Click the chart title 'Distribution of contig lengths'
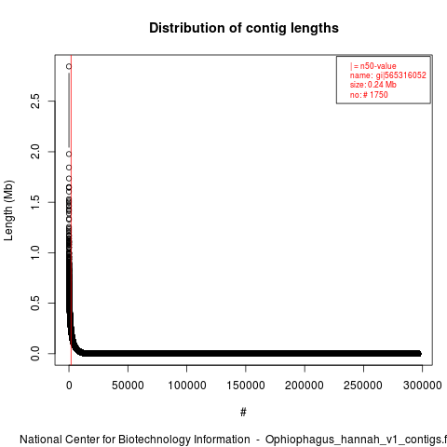244,28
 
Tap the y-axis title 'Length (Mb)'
8,210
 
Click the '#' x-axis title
243,413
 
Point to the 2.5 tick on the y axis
35,102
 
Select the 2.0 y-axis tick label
35,152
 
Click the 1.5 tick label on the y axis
35,202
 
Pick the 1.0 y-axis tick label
35,252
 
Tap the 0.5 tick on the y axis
35,303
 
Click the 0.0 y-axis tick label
35,354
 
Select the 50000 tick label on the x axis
128,386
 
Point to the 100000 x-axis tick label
187,386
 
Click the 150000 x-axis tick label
246,386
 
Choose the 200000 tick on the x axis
305,386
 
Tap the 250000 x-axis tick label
363,386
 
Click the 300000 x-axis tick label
422,386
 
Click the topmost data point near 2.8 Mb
69,66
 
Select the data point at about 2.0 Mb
69,154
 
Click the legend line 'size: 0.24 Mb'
373,85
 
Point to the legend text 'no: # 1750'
369,94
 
